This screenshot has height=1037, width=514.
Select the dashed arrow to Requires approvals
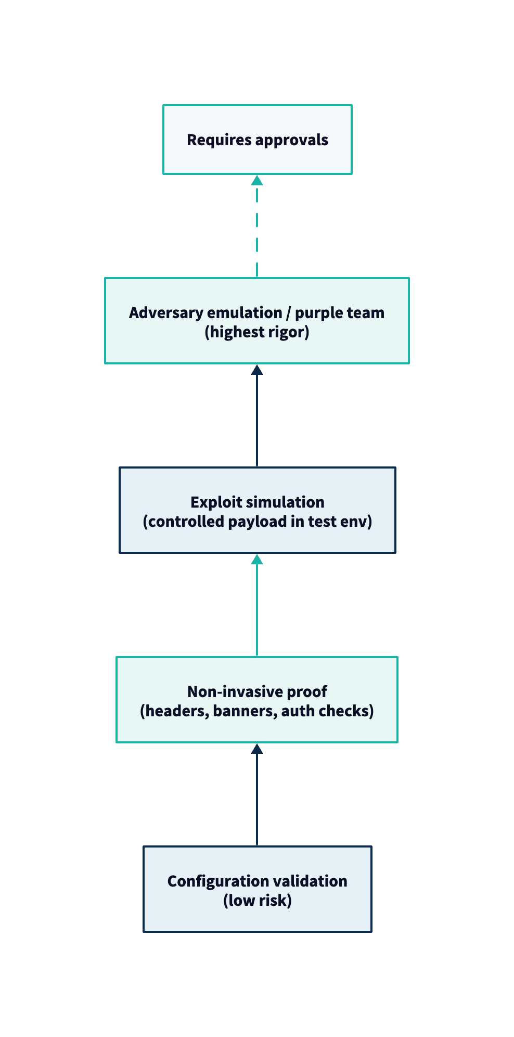[x=257, y=229]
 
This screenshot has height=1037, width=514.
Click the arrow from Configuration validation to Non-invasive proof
[x=257, y=796]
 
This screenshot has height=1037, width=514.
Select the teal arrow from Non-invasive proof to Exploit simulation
[x=257, y=606]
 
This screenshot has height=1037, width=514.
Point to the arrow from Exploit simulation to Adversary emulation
[x=257, y=416]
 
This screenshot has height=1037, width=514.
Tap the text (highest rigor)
[x=257, y=332]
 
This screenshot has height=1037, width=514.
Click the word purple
[x=315, y=313]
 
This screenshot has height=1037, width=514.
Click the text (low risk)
[x=257, y=901]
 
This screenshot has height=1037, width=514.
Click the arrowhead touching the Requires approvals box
[x=257, y=181]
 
